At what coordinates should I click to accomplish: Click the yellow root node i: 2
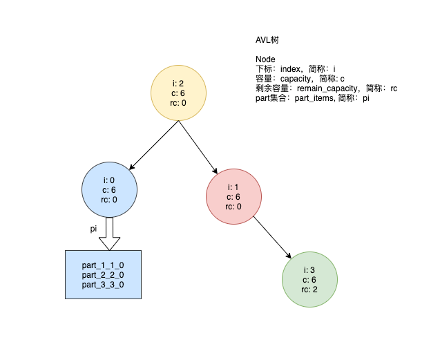coord(179,93)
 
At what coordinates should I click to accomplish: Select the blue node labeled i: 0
coord(108,189)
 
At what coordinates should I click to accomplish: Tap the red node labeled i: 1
coord(233,196)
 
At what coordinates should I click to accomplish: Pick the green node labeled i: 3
coord(309,279)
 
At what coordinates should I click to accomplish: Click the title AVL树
coord(267,41)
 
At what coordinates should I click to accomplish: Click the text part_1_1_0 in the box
coord(102,265)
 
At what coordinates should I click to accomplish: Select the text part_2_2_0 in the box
coord(102,275)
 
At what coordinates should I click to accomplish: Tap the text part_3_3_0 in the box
coord(102,285)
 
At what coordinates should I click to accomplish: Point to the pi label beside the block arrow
coord(94,229)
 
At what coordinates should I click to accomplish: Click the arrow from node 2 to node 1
coord(198,146)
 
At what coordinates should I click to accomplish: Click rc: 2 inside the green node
coord(309,290)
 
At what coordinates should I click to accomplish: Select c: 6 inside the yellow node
coord(178,93)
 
